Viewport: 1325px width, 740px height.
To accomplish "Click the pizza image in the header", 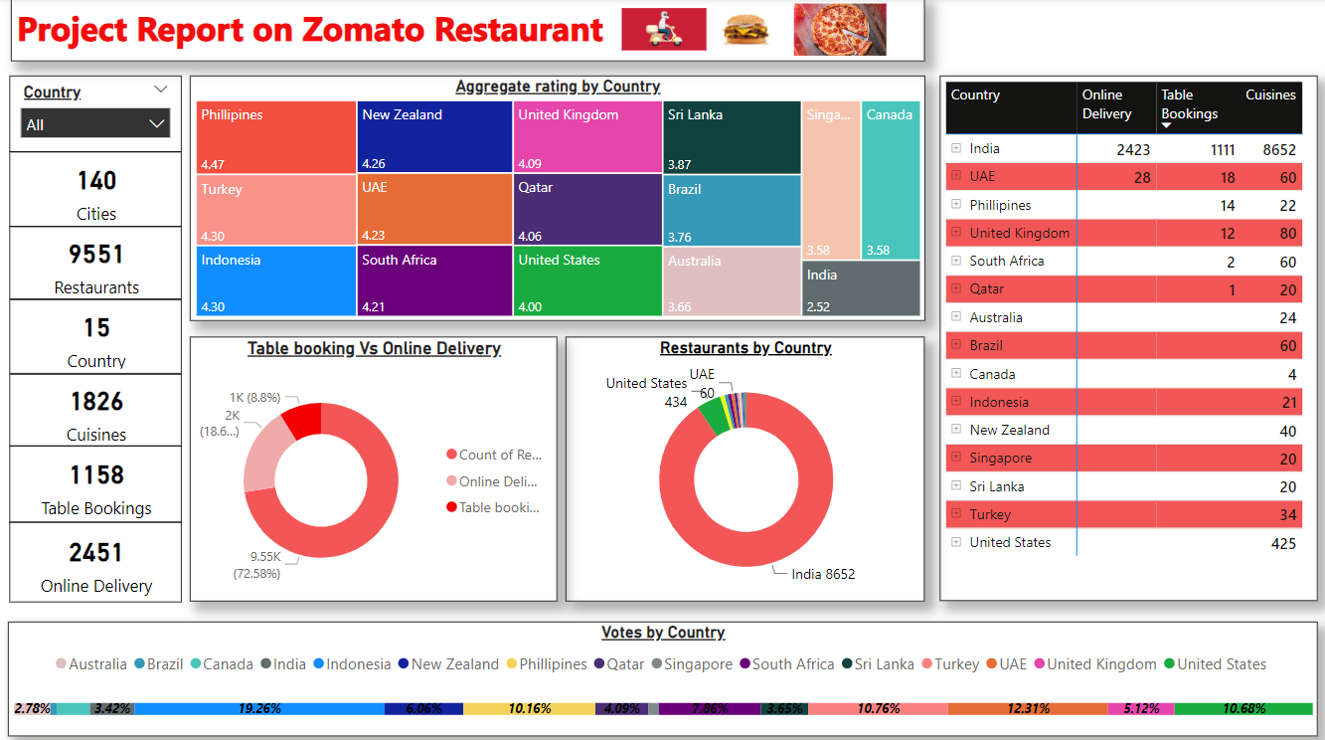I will (x=839, y=30).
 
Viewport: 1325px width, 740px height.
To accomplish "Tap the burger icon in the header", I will (x=745, y=30).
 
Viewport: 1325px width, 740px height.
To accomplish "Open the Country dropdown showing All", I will (x=95, y=124).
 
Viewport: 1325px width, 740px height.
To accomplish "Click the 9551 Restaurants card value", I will (x=95, y=255).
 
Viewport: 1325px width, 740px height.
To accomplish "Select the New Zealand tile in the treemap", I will (x=434, y=137).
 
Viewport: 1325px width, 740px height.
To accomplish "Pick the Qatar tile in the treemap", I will (x=587, y=209).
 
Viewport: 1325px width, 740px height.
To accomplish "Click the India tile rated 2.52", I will (x=861, y=288).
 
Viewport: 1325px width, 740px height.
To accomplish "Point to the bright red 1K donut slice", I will (x=303, y=420).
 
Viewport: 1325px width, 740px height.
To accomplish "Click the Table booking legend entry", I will (x=493, y=507).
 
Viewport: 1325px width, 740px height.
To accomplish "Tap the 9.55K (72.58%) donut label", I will (x=256, y=565).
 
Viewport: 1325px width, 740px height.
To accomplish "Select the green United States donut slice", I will (x=714, y=417).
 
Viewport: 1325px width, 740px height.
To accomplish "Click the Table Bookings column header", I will (x=1189, y=104).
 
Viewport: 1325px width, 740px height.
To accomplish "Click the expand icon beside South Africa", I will (x=956, y=262).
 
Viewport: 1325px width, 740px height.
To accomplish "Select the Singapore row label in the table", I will (x=1000, y=459).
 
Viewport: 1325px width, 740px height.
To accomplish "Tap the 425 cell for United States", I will (x=1282, y=543).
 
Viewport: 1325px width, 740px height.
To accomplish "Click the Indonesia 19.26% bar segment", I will (x=259, y=709).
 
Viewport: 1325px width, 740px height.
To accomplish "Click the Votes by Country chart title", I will (x=663, y=633).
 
